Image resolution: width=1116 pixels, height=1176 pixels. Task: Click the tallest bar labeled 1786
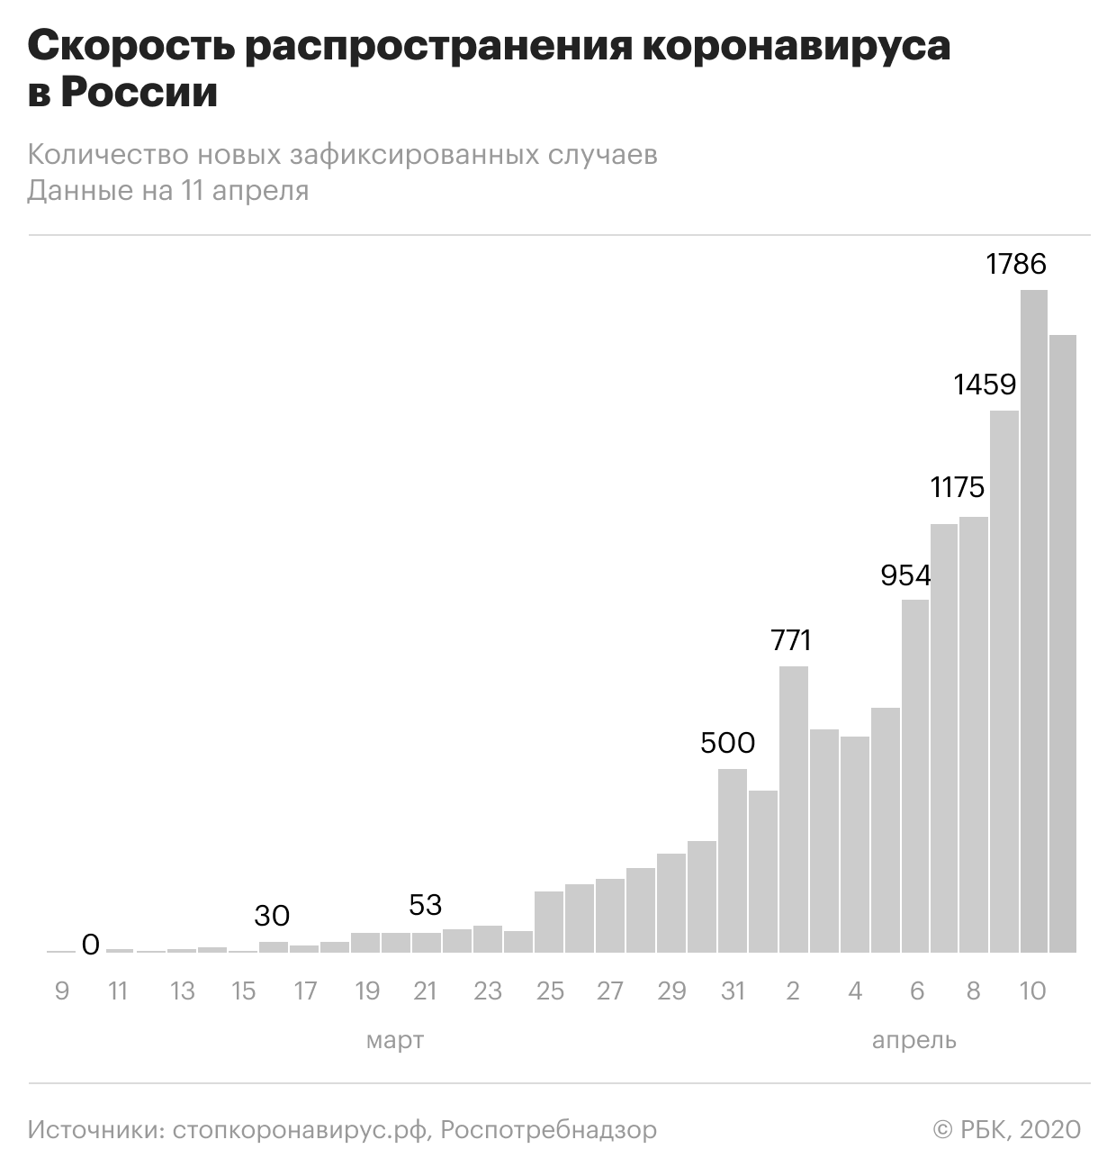[1034, 621]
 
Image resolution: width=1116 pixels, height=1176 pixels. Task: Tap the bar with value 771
[794, 810]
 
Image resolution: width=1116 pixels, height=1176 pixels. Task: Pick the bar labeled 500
[733, 861]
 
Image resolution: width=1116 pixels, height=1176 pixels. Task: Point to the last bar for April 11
[1064, 644]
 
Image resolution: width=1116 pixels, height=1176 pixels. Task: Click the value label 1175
[958, 487]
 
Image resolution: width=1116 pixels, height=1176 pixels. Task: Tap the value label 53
[426, 904]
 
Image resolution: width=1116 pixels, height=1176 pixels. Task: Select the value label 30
[272, 916]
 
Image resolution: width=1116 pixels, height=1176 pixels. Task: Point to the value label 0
[90, 945]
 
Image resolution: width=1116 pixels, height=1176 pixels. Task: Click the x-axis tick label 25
[550, 991]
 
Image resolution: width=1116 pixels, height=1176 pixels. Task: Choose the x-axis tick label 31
[733, 991]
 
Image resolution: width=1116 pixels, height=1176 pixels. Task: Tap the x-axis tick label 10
[1032, 991]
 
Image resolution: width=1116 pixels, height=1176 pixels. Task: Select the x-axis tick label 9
[61, 991]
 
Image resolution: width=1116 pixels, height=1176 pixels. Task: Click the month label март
[395, 1041]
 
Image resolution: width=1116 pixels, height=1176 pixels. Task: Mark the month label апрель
[914, 1041]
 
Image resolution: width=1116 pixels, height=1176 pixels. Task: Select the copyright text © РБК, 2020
[1007, 1129]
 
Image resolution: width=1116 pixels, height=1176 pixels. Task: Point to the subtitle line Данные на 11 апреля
[168, 191]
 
